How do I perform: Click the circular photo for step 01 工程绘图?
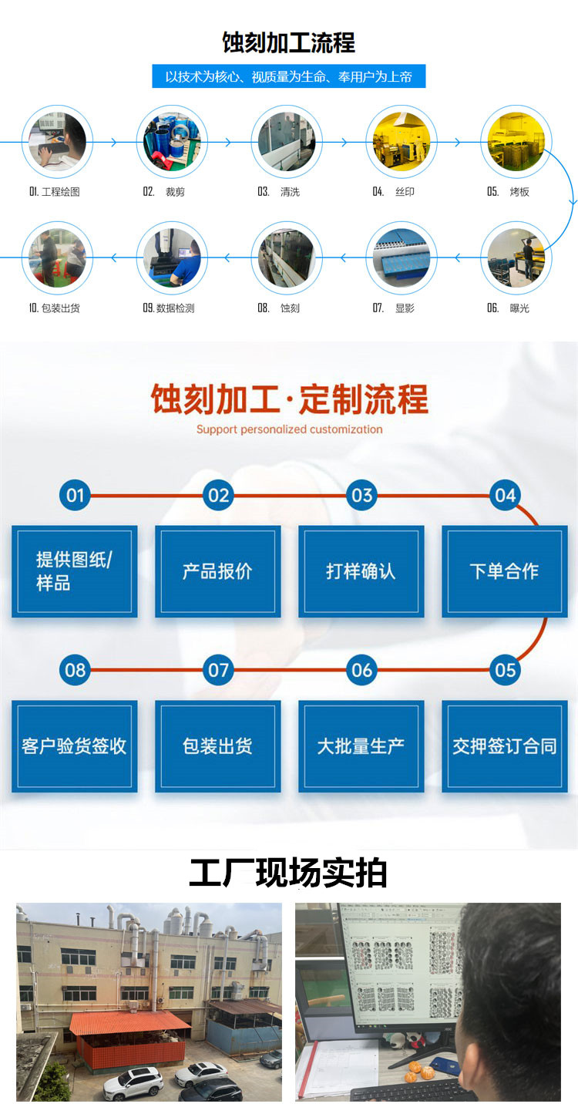tap(57, 142)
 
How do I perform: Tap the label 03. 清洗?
tap(278, 192)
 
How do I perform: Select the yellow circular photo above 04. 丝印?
tap(401, 142)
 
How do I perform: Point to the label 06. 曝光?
tap(508, 308)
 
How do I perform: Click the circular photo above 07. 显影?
tap(401, 257)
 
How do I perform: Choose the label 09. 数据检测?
tap(169, 308)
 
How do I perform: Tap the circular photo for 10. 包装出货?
tap(57, 257)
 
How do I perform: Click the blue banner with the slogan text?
tap(289, 76)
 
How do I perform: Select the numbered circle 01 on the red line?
tap(75, 495)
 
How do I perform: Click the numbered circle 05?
tap(505, 670)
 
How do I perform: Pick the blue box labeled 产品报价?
tap(217, 571)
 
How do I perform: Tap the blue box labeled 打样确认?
tap(361, 571)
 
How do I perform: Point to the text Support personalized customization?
tap(289, 429)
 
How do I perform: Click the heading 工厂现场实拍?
tap(288, 873)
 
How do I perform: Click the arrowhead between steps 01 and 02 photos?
tap(114, 142)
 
